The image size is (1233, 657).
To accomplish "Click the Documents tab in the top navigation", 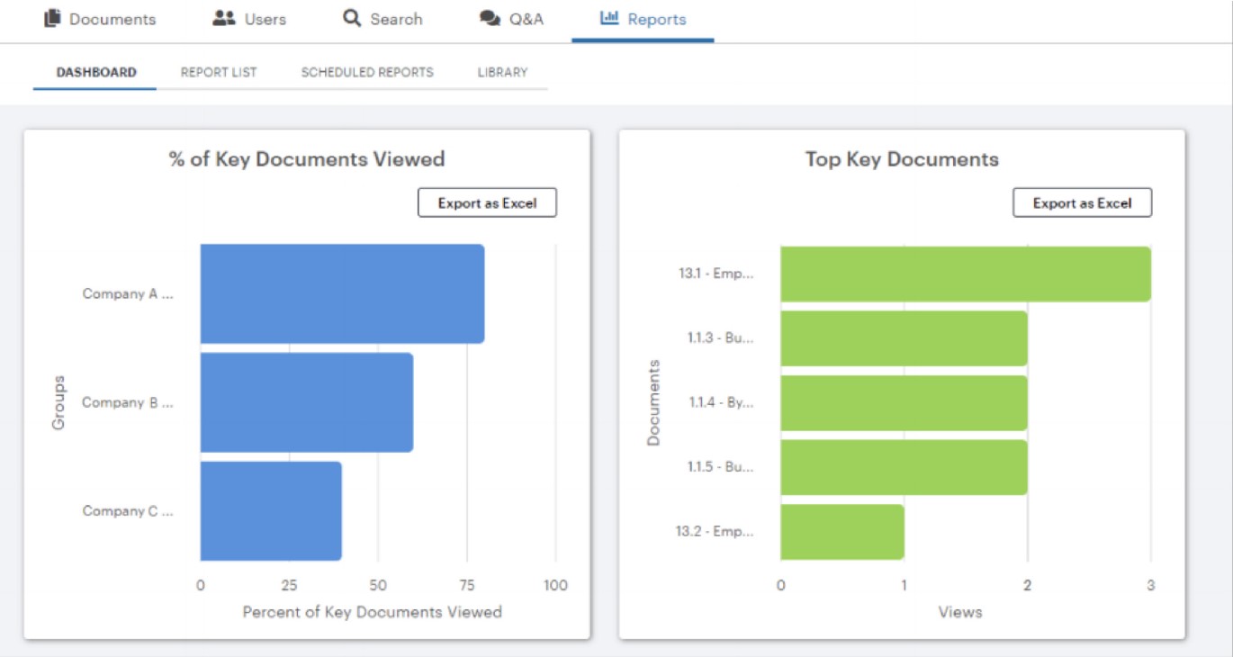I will tap(100, 19).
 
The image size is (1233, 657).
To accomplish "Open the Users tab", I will tap(249, 19).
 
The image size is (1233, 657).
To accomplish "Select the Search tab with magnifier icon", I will tap(382, 19).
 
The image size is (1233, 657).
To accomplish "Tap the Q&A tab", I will tap(512, 19).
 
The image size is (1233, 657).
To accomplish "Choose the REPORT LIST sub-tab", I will tap(219, 72).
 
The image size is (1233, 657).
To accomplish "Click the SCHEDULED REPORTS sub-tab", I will tap(367, 72).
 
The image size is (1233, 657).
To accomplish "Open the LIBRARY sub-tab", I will tap(502, 72).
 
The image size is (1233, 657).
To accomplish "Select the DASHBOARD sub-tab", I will tap(96, 72).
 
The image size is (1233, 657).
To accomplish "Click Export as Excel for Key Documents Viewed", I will tap(487, 203).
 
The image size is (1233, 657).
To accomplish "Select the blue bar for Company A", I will tap(342, 293).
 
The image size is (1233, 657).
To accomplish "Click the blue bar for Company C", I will tap(271, 511).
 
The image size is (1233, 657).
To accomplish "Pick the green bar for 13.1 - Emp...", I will tap(965, 274).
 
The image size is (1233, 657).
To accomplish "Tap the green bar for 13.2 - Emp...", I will tap(841, 532).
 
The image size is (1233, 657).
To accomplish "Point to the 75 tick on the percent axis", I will tap(466, 585).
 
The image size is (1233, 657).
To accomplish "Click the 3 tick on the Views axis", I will tap(1150, 585).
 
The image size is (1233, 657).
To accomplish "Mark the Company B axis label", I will tap(127, 402).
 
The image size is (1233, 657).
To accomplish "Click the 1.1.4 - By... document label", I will tap(721, 402).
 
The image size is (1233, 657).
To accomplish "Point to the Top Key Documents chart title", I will tap(902, 159).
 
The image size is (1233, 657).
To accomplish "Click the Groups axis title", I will tap(59, 402).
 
